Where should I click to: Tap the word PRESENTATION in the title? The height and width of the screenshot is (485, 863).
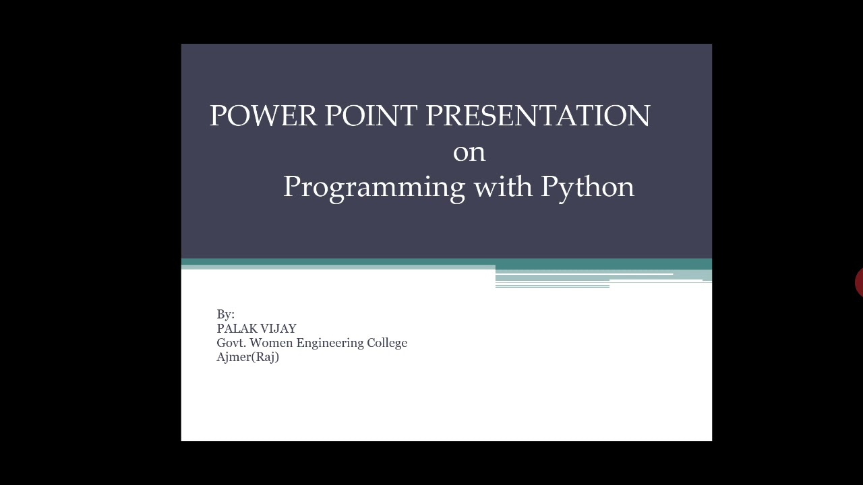pos(537,116)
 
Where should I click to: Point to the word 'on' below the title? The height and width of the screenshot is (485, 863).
pos(469,152)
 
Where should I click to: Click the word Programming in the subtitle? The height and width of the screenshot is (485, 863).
pos(374,187)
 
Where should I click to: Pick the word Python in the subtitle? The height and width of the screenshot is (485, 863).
pos(587,187)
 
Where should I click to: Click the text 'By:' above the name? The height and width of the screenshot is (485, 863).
pos(225,315)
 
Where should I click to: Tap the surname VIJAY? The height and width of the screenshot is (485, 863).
pos(278,329)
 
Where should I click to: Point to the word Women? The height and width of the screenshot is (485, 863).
pos(272,343)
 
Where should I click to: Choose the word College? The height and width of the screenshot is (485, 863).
pos(387,344)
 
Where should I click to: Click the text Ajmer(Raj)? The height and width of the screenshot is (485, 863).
pos(247,358)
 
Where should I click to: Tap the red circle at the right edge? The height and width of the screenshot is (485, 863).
pos(859,282)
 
